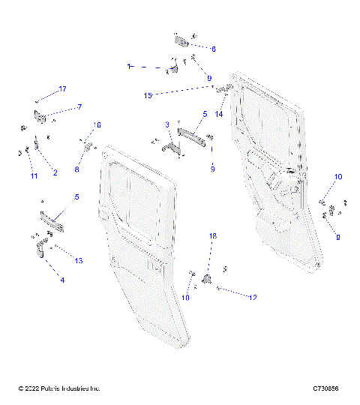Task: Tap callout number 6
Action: click(x=213, y=49)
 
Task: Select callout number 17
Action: click(x=62, y=89)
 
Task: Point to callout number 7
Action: click(x=79, y=106)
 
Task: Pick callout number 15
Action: click(x=148, y=95)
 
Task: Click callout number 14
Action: click(x=220, y=115)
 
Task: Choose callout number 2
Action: click(x=55, y=172)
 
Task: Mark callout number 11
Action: click(x=33, y=176)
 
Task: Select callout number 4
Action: click(x=62, y=280)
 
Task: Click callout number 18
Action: click(x=212, y=236)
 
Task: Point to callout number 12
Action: click(x=253, y=297)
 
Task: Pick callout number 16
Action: click(x=97, y=124)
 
